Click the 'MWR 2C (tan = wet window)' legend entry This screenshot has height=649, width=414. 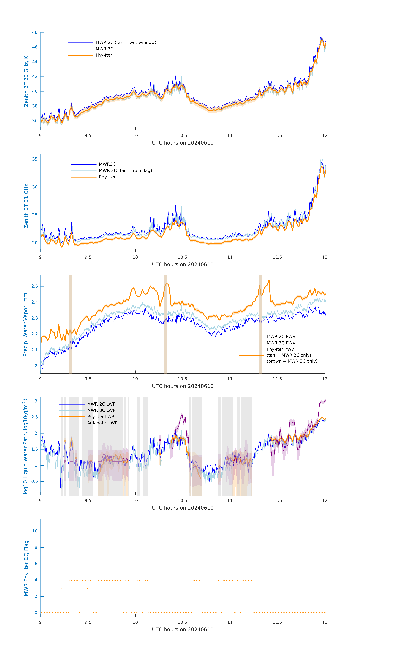pos(126,43)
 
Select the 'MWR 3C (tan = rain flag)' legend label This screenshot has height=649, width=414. pos(125,171)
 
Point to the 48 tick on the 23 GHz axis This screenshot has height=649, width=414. pos(35,32)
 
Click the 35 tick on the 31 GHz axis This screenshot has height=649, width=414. pos(35,159)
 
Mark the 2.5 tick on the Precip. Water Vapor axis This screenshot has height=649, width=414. pos(34,286)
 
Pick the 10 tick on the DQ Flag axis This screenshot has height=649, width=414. pos(35,531)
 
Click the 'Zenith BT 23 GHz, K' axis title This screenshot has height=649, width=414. pos(26,81)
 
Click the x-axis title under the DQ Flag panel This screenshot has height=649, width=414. pos(183,630)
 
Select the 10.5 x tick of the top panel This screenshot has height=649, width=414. pos(183,136)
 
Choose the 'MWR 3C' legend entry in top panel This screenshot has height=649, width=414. pos(104,49)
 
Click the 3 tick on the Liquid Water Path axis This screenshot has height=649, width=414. pos(36,401)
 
